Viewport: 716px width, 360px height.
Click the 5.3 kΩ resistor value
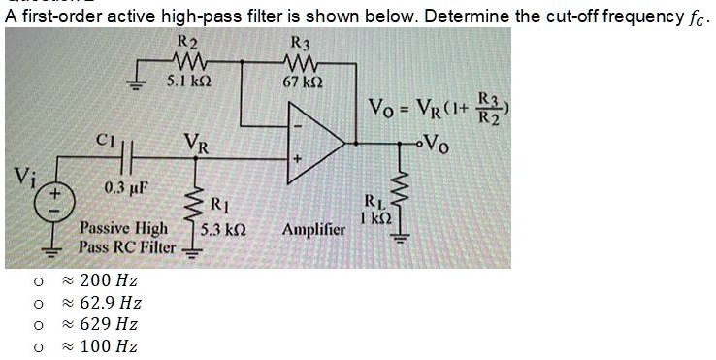[x=222, y=233]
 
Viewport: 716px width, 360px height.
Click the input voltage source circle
[x=42, y=203]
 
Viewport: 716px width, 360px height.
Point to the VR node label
[x=199, y=143]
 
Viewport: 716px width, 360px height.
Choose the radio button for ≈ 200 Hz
[x=36, y=282]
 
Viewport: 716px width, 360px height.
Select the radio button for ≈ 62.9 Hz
[x=36, y=304]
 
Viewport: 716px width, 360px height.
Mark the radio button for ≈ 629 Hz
[x=36, y=325]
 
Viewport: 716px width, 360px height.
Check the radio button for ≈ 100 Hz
[x=36, y=346]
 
